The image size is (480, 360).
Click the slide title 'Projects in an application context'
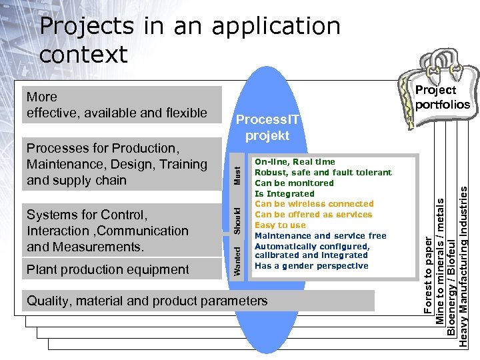190,40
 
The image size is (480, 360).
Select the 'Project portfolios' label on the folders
442,97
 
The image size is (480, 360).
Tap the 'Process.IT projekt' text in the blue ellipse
267,127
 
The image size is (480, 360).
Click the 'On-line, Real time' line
295,162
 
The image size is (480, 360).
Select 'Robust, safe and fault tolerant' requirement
323,173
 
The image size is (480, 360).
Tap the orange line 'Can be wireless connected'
314,204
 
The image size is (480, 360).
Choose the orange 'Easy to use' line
280,225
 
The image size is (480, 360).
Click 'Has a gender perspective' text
311,266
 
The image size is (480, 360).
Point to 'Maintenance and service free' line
321,236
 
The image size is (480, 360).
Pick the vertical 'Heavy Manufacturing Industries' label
463,266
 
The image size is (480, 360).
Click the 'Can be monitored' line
294,183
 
